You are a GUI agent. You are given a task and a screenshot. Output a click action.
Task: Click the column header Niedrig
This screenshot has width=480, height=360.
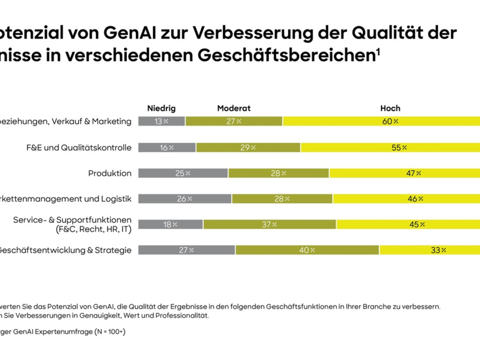(161, 108)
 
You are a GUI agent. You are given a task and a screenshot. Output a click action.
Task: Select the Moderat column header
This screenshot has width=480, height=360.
(234, 108)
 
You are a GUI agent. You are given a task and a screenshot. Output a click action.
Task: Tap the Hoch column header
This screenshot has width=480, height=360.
(390, 108)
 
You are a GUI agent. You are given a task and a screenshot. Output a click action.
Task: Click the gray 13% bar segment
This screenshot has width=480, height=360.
(162, 121)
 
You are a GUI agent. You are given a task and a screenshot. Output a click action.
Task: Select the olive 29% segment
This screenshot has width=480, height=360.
(248, 148)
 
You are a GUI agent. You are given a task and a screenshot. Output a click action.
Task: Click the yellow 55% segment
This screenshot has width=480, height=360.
(390, 148)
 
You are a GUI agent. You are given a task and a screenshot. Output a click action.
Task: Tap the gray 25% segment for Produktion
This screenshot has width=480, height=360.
(183, 173)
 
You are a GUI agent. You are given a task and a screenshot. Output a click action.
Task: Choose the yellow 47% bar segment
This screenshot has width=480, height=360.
(404, 173)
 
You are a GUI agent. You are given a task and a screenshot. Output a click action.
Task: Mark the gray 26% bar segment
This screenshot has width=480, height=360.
(185, 199)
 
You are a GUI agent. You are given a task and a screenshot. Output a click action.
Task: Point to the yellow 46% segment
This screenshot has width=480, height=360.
(406, 199)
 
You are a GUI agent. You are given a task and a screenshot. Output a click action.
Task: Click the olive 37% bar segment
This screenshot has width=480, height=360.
(270, 224)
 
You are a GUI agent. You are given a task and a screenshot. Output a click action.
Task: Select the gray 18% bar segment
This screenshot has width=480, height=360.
(170, 224)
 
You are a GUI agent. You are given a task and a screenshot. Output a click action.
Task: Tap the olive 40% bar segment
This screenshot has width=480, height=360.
(307, 250)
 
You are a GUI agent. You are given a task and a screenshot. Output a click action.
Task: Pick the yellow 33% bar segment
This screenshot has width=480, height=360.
(430, 250)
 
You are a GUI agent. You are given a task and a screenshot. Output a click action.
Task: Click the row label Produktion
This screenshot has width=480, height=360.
(110, 173)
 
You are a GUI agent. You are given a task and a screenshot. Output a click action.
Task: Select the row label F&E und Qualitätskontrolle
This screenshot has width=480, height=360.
(78, 148)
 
